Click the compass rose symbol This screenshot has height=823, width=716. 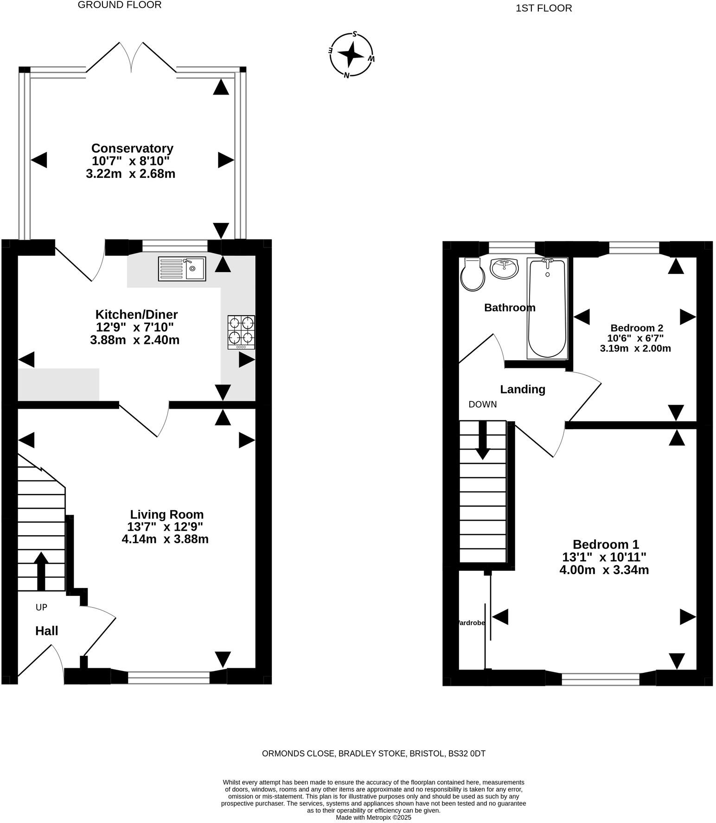351,55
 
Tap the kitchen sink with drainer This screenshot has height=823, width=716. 182,269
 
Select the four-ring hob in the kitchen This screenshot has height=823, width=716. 241,332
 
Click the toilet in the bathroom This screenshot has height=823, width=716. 473,275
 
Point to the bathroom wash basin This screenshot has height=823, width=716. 504,268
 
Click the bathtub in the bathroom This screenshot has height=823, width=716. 547,308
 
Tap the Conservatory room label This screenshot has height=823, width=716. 132,148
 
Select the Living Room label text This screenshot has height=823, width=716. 166,514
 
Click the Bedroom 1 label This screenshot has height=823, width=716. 606,544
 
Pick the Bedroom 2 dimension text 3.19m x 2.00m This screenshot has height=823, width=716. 635,348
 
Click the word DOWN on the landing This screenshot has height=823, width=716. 482,405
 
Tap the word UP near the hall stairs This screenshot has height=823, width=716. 41,607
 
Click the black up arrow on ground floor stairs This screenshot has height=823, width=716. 41,570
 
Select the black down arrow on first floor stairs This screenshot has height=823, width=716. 483,440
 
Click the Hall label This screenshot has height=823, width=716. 47,631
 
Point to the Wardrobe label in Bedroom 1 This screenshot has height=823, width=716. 471,623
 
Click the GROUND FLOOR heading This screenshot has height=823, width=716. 120,5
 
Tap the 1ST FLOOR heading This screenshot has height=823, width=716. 543,8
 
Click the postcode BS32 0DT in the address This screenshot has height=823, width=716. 467,754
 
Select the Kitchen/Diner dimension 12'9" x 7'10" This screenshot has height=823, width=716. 134,327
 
